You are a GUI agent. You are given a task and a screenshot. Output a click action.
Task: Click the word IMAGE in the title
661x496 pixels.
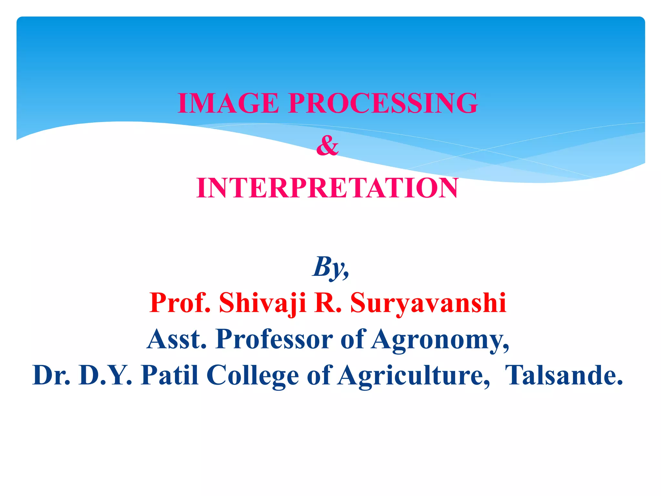[x=228, y=103]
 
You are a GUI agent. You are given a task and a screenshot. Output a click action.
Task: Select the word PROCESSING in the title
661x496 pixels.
[x=383, y=103]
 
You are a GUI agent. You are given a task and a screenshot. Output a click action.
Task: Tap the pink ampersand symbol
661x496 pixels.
[x=327, y=146]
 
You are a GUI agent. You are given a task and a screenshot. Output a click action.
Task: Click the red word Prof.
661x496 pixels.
[x=180, y=303]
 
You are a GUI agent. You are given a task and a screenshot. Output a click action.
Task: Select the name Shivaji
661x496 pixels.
[x=262, y=303]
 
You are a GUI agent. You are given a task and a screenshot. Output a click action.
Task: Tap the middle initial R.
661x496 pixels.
[x=328, y=303]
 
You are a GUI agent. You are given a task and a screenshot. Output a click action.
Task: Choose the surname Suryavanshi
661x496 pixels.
[x=428, y=303]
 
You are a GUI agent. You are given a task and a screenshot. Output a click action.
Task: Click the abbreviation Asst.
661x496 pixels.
[x=177, y=339]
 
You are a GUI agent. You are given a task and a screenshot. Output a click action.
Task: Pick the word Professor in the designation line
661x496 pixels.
[x=274, y=339]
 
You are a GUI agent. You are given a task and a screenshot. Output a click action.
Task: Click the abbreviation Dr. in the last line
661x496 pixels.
[x=52, y=375]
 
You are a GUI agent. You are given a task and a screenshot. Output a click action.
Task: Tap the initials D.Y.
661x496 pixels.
[x=105, y=375]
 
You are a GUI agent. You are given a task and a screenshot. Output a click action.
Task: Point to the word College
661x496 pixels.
[x=253, y=375]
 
